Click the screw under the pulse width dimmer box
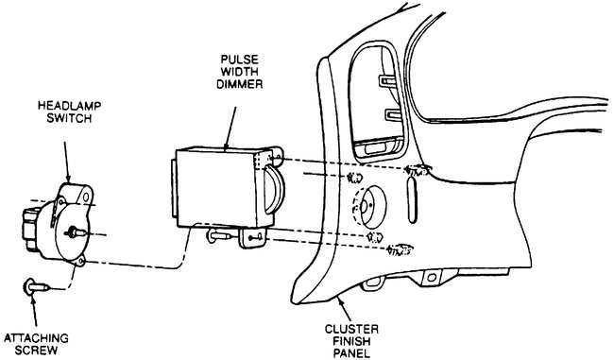(x=219, y=237)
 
